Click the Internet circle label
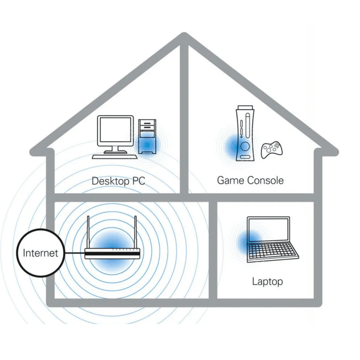click(40, 253)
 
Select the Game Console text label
click(250, 181)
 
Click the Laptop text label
click(267, 281)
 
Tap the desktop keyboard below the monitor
click(114, 155)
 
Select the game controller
click(271, 150)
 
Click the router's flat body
click(111, 254)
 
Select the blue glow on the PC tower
click(148, 146)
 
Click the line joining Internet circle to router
click(72, 254)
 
